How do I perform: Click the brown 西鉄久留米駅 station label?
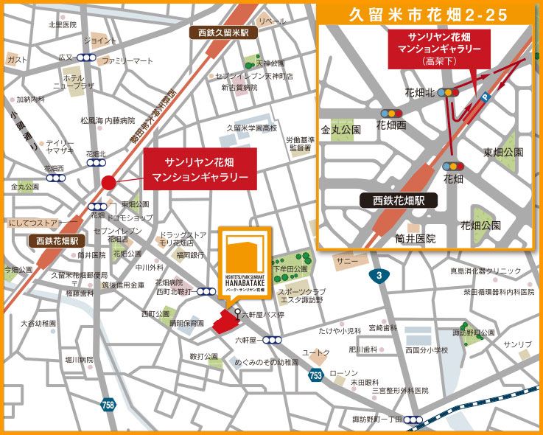(223, 32)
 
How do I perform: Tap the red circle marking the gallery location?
(108, 182)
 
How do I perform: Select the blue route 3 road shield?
(379, 276)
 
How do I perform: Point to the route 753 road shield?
(315, 375)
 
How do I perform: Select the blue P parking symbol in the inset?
(484, 96)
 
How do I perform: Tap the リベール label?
(272, 21)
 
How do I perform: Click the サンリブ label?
(517, 344)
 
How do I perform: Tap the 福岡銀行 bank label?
(190, 255)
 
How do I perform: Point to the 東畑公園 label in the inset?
(502, 152)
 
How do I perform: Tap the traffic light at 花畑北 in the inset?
(446, 93)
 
